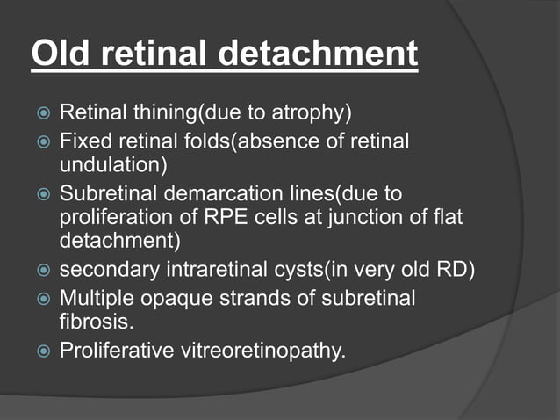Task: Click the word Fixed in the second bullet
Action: pos(82,141)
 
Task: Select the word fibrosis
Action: pos(90,322)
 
